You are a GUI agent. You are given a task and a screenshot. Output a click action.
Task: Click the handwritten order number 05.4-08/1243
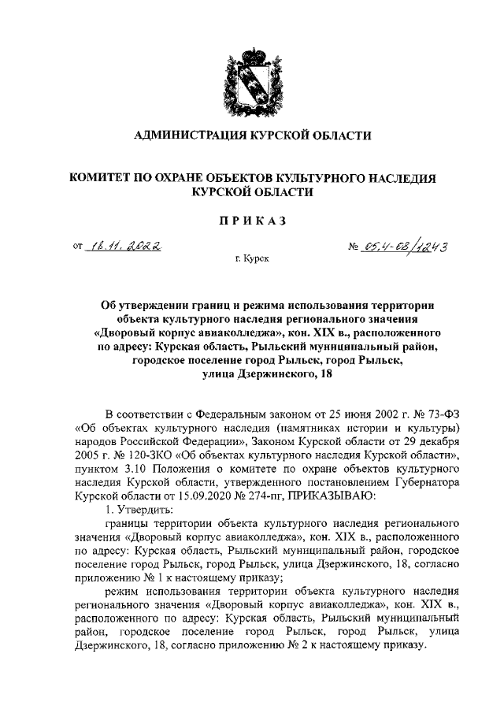point(405,247)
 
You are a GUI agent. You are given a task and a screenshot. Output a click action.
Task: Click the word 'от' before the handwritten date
point(77,247)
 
